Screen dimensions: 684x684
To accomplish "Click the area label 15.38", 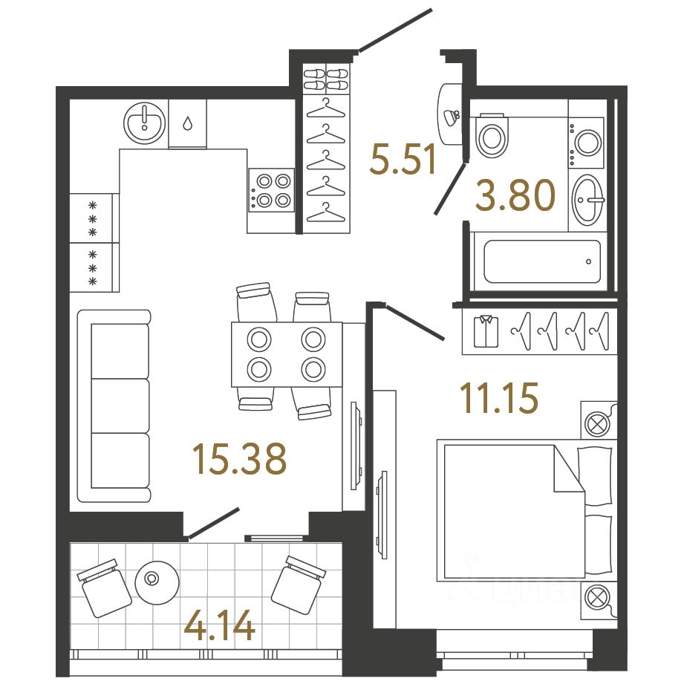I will click(x=238, y=458).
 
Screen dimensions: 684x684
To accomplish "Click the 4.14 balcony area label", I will click(x=220, y=626).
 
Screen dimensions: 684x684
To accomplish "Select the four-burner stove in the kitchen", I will click(x=271, y=189).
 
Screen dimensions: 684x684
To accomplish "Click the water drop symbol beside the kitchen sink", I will click(x=187, y=123).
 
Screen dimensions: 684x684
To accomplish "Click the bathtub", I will click(x=542, y=261).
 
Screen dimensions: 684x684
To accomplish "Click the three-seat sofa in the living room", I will click(x=114, y=406).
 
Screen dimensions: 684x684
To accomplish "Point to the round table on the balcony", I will click(x=156, y=579).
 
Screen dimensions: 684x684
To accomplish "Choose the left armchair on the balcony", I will click(x=100, y=587).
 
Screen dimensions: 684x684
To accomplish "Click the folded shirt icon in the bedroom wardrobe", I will click(x=486, y=331).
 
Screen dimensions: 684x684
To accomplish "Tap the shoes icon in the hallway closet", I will click(x=326, y=79).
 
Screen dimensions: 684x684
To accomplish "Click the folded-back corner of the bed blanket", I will click(x=568, y=475).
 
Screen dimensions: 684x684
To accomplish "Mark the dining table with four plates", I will click(x=287, y=354).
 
